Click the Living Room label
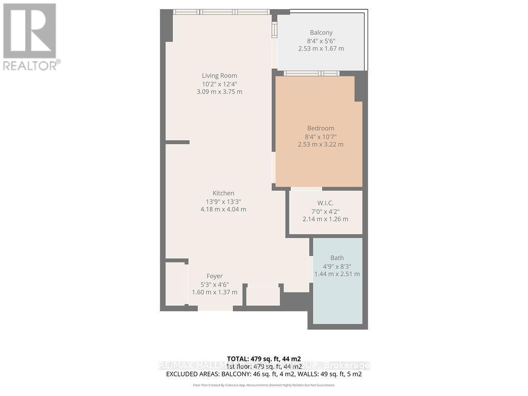(x=219, y=76)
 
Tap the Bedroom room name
(x=320, y=128)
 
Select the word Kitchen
(x=223, y=193)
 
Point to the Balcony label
(x=321, y=32)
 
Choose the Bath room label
(x=337, y=258)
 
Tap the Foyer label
(x=214, y=276)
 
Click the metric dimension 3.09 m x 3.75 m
(x=219, y=92)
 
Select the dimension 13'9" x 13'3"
(x=223, y=202)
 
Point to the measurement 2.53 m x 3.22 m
(x=320, y=144)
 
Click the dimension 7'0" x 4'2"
(x=325, y=211)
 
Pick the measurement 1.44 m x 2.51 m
(x=337, y=274)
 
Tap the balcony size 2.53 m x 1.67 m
(x=321, y=48)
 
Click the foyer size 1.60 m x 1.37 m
(x=214, y=292)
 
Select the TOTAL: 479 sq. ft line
(x=263, y=358)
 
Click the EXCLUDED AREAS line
(x=263, y=374)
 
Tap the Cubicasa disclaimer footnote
(x=263, y=385)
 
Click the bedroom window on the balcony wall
(x=311, y=73)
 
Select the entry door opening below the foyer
(x=215, y=308)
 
